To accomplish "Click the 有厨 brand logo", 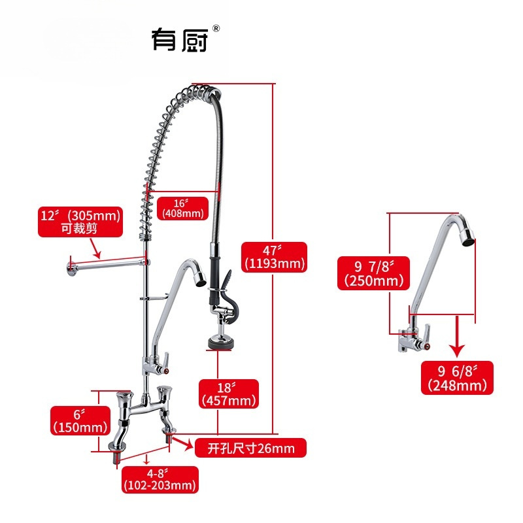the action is [x=179, y=39].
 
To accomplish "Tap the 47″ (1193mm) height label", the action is [x=274, y=257].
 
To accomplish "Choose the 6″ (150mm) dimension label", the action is [x=79, y=420].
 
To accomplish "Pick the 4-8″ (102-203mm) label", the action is [x=160, y=480].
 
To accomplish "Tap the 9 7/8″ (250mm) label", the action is [x=371, y=273].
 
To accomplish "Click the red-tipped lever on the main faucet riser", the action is [x=167, y=363].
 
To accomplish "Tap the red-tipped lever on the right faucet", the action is [x=423, y=338].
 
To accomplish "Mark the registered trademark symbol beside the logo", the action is [x=216, y=28].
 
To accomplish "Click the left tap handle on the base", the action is [x=124, y=401].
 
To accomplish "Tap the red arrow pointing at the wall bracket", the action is [x=93, y=246].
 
